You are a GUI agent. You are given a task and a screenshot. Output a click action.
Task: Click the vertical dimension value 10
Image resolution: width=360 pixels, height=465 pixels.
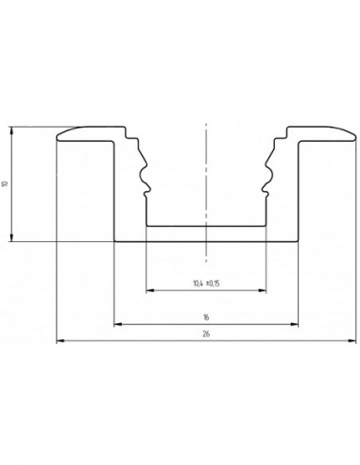(x=7, y=184)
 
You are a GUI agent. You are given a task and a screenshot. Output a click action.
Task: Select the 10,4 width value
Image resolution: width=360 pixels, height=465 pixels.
(x=197, y=283)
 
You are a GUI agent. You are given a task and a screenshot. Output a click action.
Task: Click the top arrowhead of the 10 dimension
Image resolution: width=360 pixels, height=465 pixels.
(x=12, y=129)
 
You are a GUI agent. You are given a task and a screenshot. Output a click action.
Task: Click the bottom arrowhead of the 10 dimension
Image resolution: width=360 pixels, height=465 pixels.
(x=12, y=237)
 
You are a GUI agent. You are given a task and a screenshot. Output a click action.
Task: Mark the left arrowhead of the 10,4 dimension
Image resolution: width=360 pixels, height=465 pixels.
(x=149, y=290)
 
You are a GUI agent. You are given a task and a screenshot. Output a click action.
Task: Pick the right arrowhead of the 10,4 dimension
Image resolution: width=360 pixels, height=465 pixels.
(x=264, y=290)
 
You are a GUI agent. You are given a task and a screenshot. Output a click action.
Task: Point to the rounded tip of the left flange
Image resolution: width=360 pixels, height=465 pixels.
(x=60, y=137)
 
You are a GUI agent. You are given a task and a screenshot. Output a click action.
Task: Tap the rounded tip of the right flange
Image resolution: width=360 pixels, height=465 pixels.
(x=353, y=137)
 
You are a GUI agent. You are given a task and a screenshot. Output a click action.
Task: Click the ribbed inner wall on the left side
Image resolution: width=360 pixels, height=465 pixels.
(x=144, y=175)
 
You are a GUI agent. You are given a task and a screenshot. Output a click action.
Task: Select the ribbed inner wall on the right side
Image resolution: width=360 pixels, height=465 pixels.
(x=270, y=175)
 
